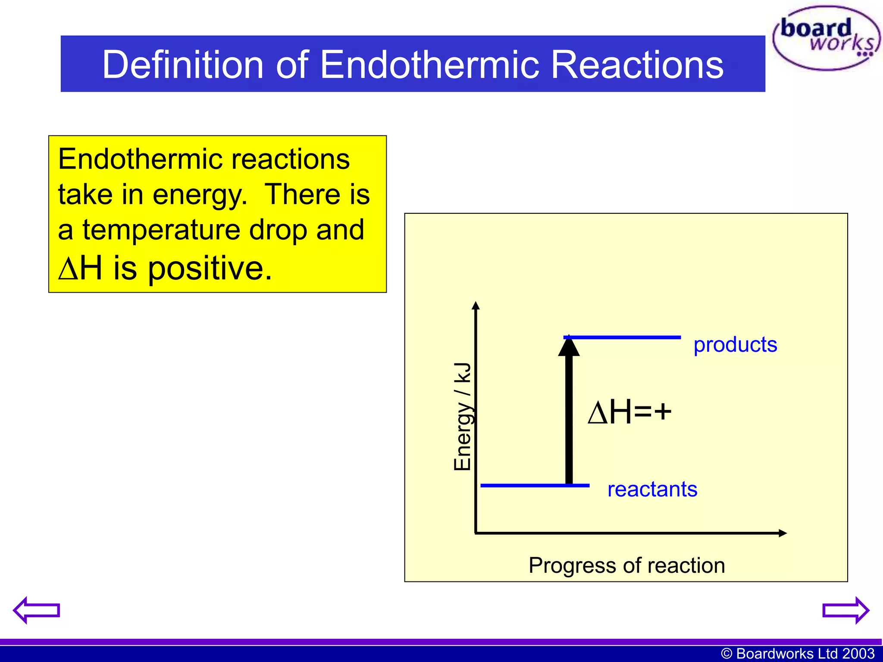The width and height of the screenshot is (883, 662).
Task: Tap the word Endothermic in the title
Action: point(429,64)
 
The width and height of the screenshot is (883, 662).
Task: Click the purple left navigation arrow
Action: point(36,610)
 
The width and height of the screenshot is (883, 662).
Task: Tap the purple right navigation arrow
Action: point(845,610)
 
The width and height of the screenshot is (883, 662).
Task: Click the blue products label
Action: point(735,345)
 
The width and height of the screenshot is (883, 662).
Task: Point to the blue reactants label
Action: point(652,490)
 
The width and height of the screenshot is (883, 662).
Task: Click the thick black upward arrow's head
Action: point(569,346)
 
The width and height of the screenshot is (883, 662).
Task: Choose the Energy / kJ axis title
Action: point(463,416)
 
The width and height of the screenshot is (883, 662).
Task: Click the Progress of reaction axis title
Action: point(626,565)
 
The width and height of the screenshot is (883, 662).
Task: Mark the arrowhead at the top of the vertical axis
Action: point(476,306)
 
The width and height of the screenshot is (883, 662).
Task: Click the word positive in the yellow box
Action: point(210,268)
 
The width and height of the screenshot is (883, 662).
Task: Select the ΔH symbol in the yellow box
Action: point(80,268)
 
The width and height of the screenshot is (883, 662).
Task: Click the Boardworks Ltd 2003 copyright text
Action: point(798,653)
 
